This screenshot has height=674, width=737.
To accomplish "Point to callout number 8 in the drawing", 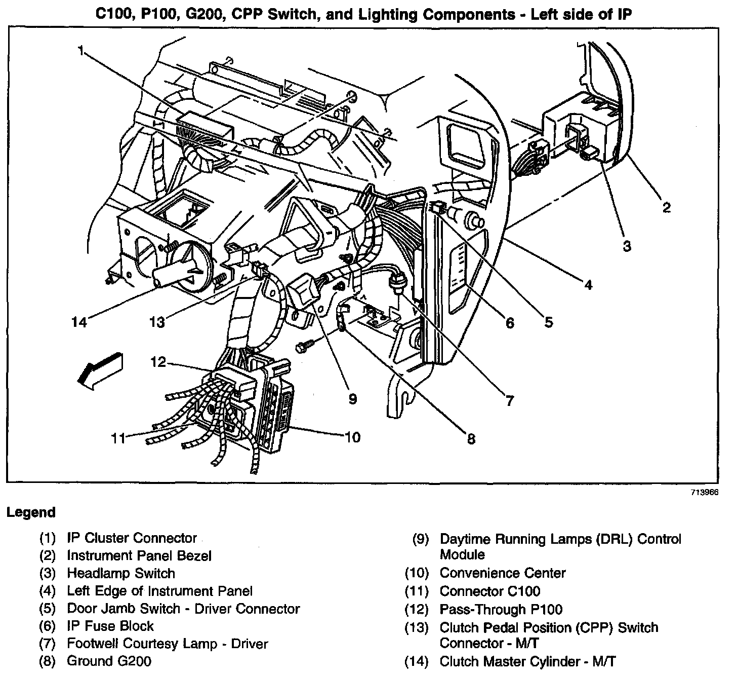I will (x=471, y=439).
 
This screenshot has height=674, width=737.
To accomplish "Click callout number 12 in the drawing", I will (x=158, y=362).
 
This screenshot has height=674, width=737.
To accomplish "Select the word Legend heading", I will (x=31, y=512).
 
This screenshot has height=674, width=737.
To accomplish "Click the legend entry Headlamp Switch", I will (x=121, y=573).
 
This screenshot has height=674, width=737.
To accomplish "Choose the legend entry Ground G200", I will (x=109, y=661).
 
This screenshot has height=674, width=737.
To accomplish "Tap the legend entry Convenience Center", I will (x=502, y=573).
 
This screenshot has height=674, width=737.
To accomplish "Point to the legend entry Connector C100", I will (x=489, y=591).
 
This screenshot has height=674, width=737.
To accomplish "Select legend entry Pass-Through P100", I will (x=501, y=609).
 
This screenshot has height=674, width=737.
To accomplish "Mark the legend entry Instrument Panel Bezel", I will (x=139, y=555).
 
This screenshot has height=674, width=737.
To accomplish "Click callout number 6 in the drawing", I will (x=509, y=323).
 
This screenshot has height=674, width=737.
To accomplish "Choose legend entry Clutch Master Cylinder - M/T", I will (x=527, y=661).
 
